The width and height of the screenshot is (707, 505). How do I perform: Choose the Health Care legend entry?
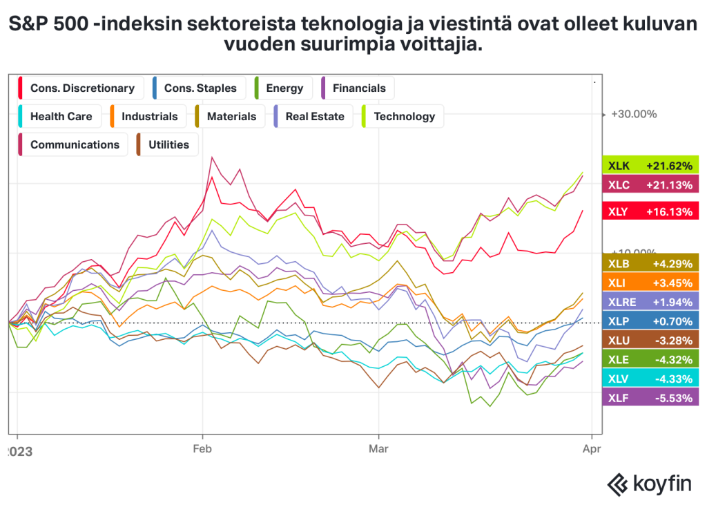tap(59, 117)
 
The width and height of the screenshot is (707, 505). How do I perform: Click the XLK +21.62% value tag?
tap(650, 166)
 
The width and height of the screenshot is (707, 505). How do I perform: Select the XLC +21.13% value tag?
tap(650, 184)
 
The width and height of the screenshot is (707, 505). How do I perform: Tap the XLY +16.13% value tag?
tap(650, 212)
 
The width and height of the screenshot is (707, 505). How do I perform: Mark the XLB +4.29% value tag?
tap(650, 263)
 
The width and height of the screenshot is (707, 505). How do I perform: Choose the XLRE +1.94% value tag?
tap(650, 302)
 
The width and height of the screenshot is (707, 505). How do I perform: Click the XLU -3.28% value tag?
tap(650, 340)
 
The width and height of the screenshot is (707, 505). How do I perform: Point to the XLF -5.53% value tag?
tap(650, 398)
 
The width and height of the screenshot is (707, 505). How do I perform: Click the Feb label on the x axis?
tap(202, 448)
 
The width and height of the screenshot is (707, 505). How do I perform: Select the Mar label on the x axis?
tap(378, 448)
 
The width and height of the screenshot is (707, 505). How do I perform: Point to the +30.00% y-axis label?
tap(634, 115)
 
